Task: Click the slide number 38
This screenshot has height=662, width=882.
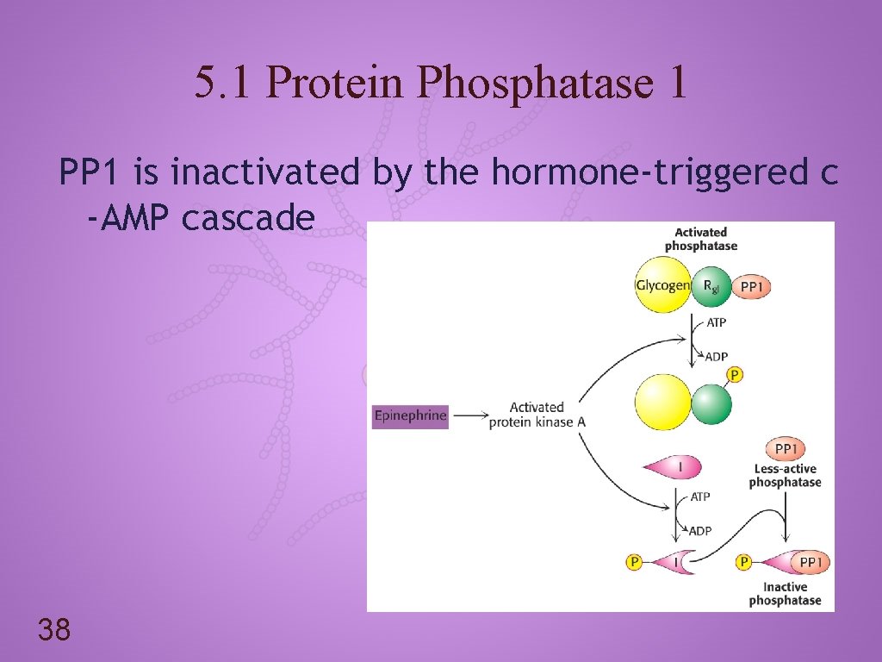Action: click(53, 630)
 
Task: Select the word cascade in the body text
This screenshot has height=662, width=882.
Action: click(248, 218)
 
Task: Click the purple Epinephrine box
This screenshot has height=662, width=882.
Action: click(410, 415)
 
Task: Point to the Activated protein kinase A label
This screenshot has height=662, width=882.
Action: click(537, 415)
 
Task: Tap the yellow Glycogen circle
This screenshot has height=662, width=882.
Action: click(662, 285)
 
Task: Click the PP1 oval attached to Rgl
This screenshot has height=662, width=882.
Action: click(751, 286)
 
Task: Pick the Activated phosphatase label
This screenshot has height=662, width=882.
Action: click(701, 239)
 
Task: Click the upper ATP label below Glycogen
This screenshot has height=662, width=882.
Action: click(716, 323)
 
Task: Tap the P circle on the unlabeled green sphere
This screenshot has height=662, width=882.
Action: click(735, 375)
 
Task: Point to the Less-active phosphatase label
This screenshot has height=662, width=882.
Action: click(785, 476)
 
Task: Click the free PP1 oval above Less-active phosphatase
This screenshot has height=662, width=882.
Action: click(786, 449)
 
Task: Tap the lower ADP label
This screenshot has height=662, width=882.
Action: click(700, 531)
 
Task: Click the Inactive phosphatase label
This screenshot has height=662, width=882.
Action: click(785, 594)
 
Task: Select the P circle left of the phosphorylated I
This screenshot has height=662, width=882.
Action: click(634, 563)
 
